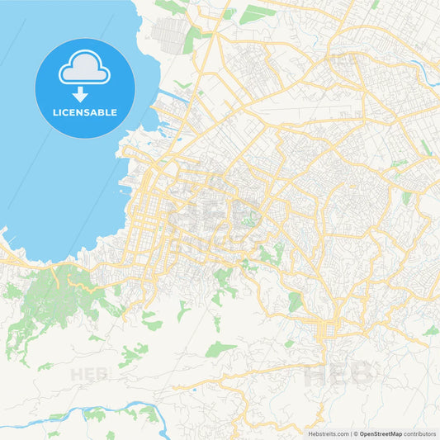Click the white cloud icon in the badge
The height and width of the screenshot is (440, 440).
(84, 70)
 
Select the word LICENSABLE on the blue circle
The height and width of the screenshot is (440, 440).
(85, 111)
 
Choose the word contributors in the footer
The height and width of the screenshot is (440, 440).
(420, 433)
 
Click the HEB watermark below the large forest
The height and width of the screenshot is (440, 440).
(88, 374)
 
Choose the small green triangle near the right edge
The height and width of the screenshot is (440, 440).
(431, 331)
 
